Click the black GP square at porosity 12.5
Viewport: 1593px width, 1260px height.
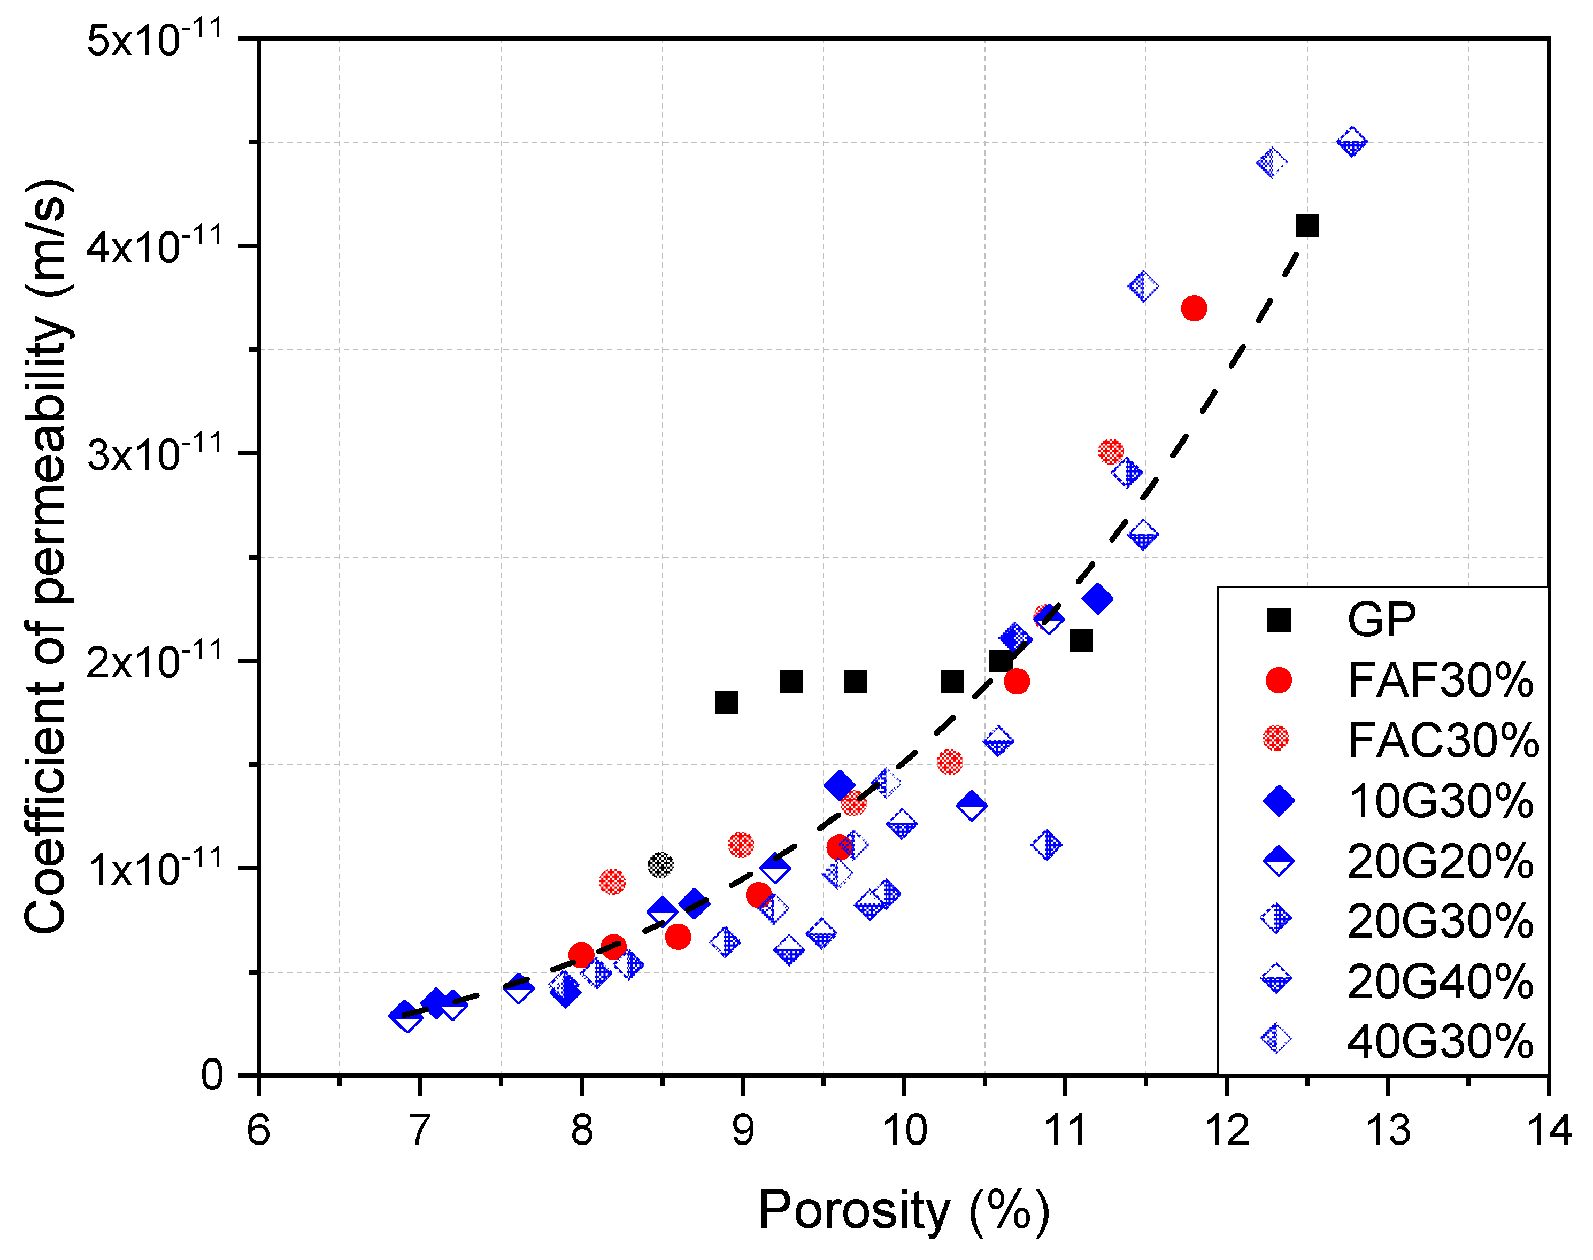tap(1307, 226)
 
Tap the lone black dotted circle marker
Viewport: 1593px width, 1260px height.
tap(660, 864)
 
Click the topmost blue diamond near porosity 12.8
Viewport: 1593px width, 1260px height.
tap(1352, 142)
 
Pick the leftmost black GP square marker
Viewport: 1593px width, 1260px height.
tap(727, 703)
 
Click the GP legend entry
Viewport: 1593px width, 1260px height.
tap(1381, 620)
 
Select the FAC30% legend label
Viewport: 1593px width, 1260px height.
tap(1443, 740)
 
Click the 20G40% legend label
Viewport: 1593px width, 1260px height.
tap(1440, 981)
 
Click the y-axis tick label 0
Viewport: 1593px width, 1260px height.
tap(212, 1076)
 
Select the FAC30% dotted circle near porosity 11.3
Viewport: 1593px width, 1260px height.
tap(1111, 452)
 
